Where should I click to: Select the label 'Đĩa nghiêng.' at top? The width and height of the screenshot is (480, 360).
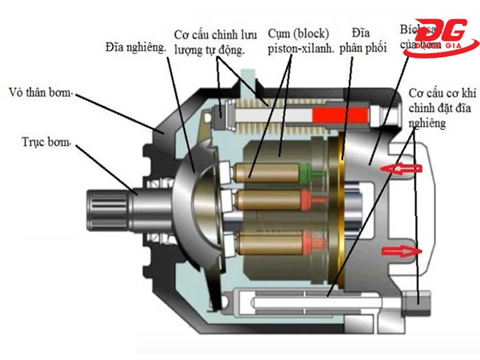click(135, 47)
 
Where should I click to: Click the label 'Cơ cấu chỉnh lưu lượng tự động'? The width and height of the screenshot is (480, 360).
click(210, 41)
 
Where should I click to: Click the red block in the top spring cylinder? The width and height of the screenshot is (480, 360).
click(341, 115)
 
